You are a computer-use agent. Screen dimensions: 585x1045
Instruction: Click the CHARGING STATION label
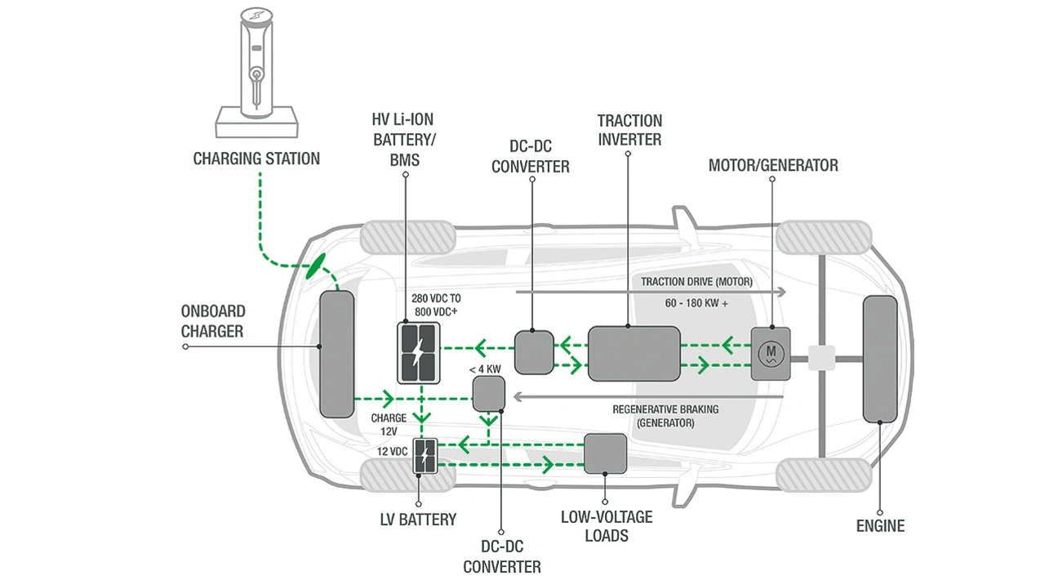click(x=256, y=159)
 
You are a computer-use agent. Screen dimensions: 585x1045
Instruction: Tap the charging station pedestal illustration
click(x=256, y=74)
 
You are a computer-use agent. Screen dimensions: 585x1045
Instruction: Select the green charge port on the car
click(x=315, y=266)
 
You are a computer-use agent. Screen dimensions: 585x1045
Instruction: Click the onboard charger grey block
click(x=336, y=353)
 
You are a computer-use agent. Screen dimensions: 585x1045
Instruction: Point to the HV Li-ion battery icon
click(x=418, y=352)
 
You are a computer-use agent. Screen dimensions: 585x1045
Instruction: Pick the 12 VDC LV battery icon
click(x=425, y=456)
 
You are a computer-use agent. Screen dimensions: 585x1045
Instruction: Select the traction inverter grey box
click(x=634, y=353)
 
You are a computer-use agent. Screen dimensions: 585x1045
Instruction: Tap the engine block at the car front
click(x=880, y=359)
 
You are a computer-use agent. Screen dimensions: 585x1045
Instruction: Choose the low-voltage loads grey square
click(x=605, y=454)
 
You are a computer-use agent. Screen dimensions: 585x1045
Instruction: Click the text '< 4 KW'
click(x=485, y=369)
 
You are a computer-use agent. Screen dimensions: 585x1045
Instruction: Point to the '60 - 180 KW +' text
click(x=696, y=304)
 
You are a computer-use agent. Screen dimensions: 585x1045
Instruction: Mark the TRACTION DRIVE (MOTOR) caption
click(x=696, y=282)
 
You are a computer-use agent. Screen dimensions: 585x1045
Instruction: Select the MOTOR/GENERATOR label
click(x=772, y=165)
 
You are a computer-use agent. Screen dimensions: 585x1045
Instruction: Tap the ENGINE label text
click(x=880, y=526)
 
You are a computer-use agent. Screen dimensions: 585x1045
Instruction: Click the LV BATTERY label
click(x=417, y=519)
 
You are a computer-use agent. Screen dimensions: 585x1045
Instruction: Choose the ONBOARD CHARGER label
click(x=212, y=321)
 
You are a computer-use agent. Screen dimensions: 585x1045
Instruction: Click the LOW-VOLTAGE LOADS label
click(x=606, y=526)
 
